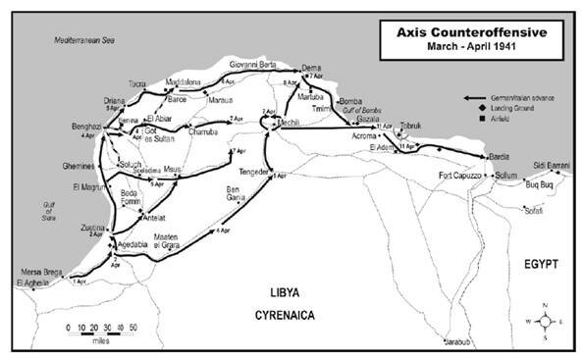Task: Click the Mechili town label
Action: click(x=288, y=123)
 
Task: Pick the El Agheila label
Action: click(x=31, y=283)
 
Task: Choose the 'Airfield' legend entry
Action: click(x=503, y=119)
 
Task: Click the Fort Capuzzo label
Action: click(x=460, y=177)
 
